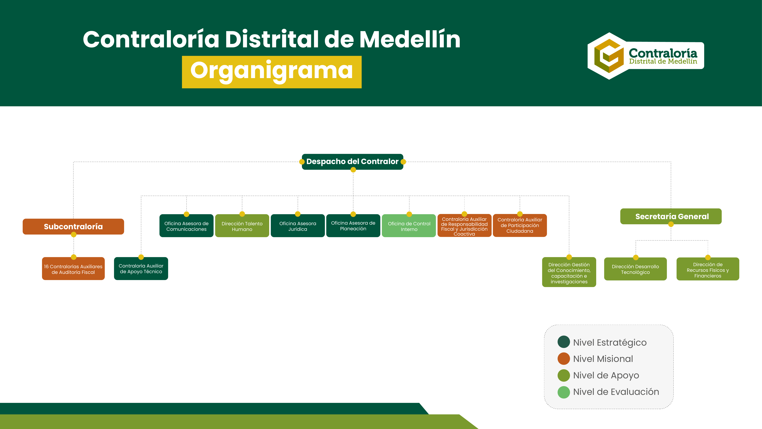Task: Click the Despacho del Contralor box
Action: pyautogui.click(x=352, y=162)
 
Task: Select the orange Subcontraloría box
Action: pyautogui.click(x=73, y=227)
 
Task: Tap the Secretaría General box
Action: pyautogui.click(x=671, y=216)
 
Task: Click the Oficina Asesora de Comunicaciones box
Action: pyautogui.click(x=186, y=226)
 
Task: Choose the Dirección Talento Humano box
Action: pyautogui.click(x=242, y=226)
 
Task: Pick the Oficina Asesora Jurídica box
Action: pyautogui.click(x=298, y=226)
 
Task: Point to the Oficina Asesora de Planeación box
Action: pyautogui.click(x=353, y=226)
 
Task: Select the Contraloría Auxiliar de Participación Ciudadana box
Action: pyautogui.click(x=520, y=226)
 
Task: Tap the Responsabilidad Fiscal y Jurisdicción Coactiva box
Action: pyautogui.click(x=464, y=226)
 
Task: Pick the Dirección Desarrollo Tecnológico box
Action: pyautogui.click(x=635, y=269)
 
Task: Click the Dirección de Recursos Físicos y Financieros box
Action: pyautogui.click(x=708, y=269)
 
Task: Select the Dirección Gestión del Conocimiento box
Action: pyautogui.click(x=569, y=272)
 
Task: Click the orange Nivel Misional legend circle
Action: pyautogui.click(x=564, y=358)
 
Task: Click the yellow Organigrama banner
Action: pyautogui.click(x=272, y=72)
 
